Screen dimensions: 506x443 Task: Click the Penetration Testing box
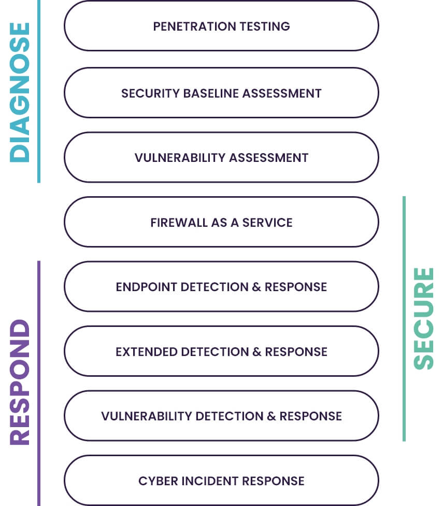coord(221,26)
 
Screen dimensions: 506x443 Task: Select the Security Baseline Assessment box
coord(221,93)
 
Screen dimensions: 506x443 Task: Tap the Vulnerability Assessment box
coord(221,157)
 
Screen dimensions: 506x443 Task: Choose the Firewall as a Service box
coord(221,222)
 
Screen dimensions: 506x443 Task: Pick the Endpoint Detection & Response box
coord(221,286)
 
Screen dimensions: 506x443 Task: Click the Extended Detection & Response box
coord(221,351)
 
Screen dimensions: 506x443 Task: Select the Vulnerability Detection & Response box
coord(221,416)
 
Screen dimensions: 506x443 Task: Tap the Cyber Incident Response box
coord(221,481)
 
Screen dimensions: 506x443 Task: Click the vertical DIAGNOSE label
coord(21,92)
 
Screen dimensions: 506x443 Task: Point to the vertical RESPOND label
coord(21,382)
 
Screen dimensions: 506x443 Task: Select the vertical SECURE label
coord(424,318)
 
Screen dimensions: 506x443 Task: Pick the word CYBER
coord(155,481)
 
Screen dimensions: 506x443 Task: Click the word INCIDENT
coord(201,481)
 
